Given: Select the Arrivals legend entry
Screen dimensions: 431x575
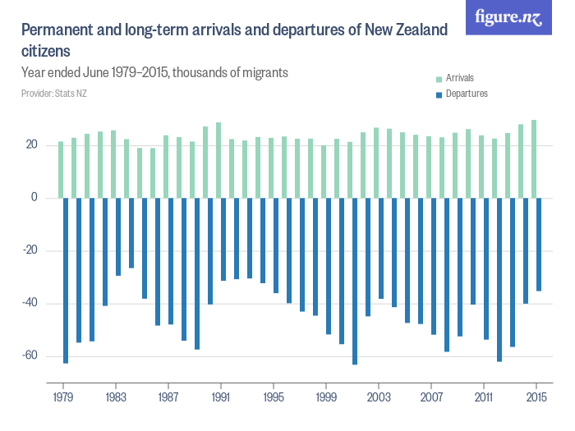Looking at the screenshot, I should pos(460,79).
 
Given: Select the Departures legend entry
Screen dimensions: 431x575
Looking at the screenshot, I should pos(466,94).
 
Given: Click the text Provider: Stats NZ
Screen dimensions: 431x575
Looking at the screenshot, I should pos(54,94).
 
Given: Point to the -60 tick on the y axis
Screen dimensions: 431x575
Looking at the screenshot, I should pos(30,356).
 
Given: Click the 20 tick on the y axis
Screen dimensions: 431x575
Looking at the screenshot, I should pos(32,145).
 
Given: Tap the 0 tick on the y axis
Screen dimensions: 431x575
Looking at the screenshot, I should pos(34,198).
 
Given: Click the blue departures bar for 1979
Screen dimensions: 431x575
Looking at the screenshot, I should pos(66,280).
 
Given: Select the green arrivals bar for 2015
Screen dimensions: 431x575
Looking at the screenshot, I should pos(534,159).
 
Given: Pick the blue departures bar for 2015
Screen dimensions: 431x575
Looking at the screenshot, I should pos(539,244).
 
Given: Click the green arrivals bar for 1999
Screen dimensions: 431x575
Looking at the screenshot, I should pos(324,172).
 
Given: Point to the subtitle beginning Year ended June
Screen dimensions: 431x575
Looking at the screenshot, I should pos(154,72).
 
